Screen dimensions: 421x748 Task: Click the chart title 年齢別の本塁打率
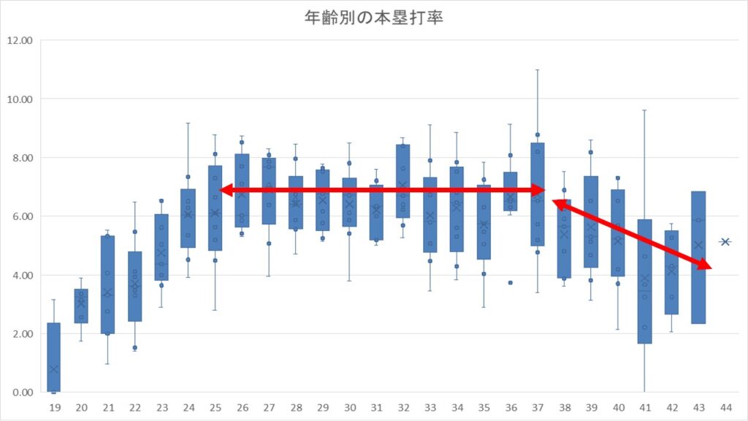coord(374,18)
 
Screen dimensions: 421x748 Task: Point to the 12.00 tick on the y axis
coord(20,40)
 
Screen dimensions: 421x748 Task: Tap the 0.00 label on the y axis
coord(22,392)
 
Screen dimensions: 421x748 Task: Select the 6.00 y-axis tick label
coord(22,216)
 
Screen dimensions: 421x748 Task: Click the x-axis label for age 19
coord(54,407)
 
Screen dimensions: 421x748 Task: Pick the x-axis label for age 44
coord(725,407)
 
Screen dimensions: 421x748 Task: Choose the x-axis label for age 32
coord(402,407)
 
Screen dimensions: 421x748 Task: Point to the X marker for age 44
coord(725,241)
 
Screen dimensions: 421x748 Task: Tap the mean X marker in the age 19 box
coord(54,369)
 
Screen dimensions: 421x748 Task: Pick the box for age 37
coord(537,194)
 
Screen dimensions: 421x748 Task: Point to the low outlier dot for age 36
coord(510,282)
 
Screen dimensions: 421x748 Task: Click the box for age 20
coord(81,306)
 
